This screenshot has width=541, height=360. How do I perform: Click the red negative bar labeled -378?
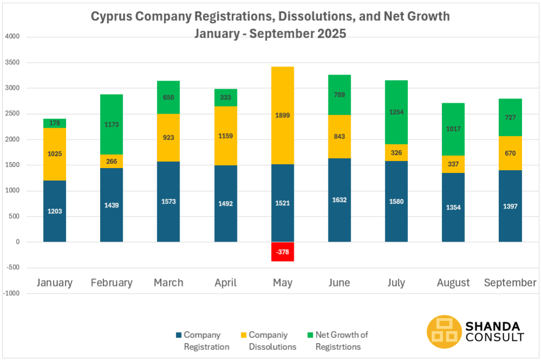point(282,251)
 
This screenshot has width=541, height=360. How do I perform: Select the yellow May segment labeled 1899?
point(282,145)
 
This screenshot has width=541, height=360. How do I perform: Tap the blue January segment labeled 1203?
point(55,211)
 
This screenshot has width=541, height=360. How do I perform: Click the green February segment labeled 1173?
point(111,124)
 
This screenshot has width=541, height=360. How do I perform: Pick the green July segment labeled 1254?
point(396,112)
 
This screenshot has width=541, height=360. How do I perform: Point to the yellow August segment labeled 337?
point(453,164)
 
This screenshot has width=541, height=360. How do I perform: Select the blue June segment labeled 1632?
point(339,200)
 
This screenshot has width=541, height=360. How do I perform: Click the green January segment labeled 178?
point(55,123)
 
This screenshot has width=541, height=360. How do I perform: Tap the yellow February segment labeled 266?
point(111,161)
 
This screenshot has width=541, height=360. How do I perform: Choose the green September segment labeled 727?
point(510,117)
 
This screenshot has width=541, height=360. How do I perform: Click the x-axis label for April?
point(226,283)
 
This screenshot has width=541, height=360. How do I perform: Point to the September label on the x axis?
point(510,283)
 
